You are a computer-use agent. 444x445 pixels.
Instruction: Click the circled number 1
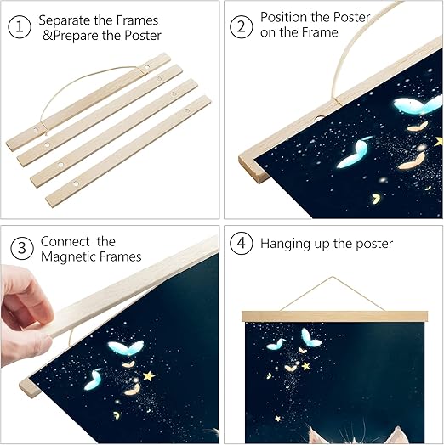point(20,26)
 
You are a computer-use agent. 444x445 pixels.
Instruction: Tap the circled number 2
point(241,26)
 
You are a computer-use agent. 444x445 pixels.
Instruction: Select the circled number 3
point(22,248)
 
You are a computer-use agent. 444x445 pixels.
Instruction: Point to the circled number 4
point(241,243)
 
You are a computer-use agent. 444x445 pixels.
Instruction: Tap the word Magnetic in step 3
point(70,257)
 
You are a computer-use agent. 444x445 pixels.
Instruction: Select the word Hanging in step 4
point(285,244)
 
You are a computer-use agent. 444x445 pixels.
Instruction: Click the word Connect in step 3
point(65,242)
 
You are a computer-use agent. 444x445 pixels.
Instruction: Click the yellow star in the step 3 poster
point(149,376)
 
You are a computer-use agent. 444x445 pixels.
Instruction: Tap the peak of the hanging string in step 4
point(332,277)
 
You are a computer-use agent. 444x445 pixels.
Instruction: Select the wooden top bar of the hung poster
point(334,316)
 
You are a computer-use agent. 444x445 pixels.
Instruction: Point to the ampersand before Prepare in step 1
point(48,36)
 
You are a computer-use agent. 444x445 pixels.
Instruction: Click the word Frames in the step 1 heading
point(137,20)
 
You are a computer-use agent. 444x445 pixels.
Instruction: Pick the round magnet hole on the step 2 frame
point(321,117)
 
